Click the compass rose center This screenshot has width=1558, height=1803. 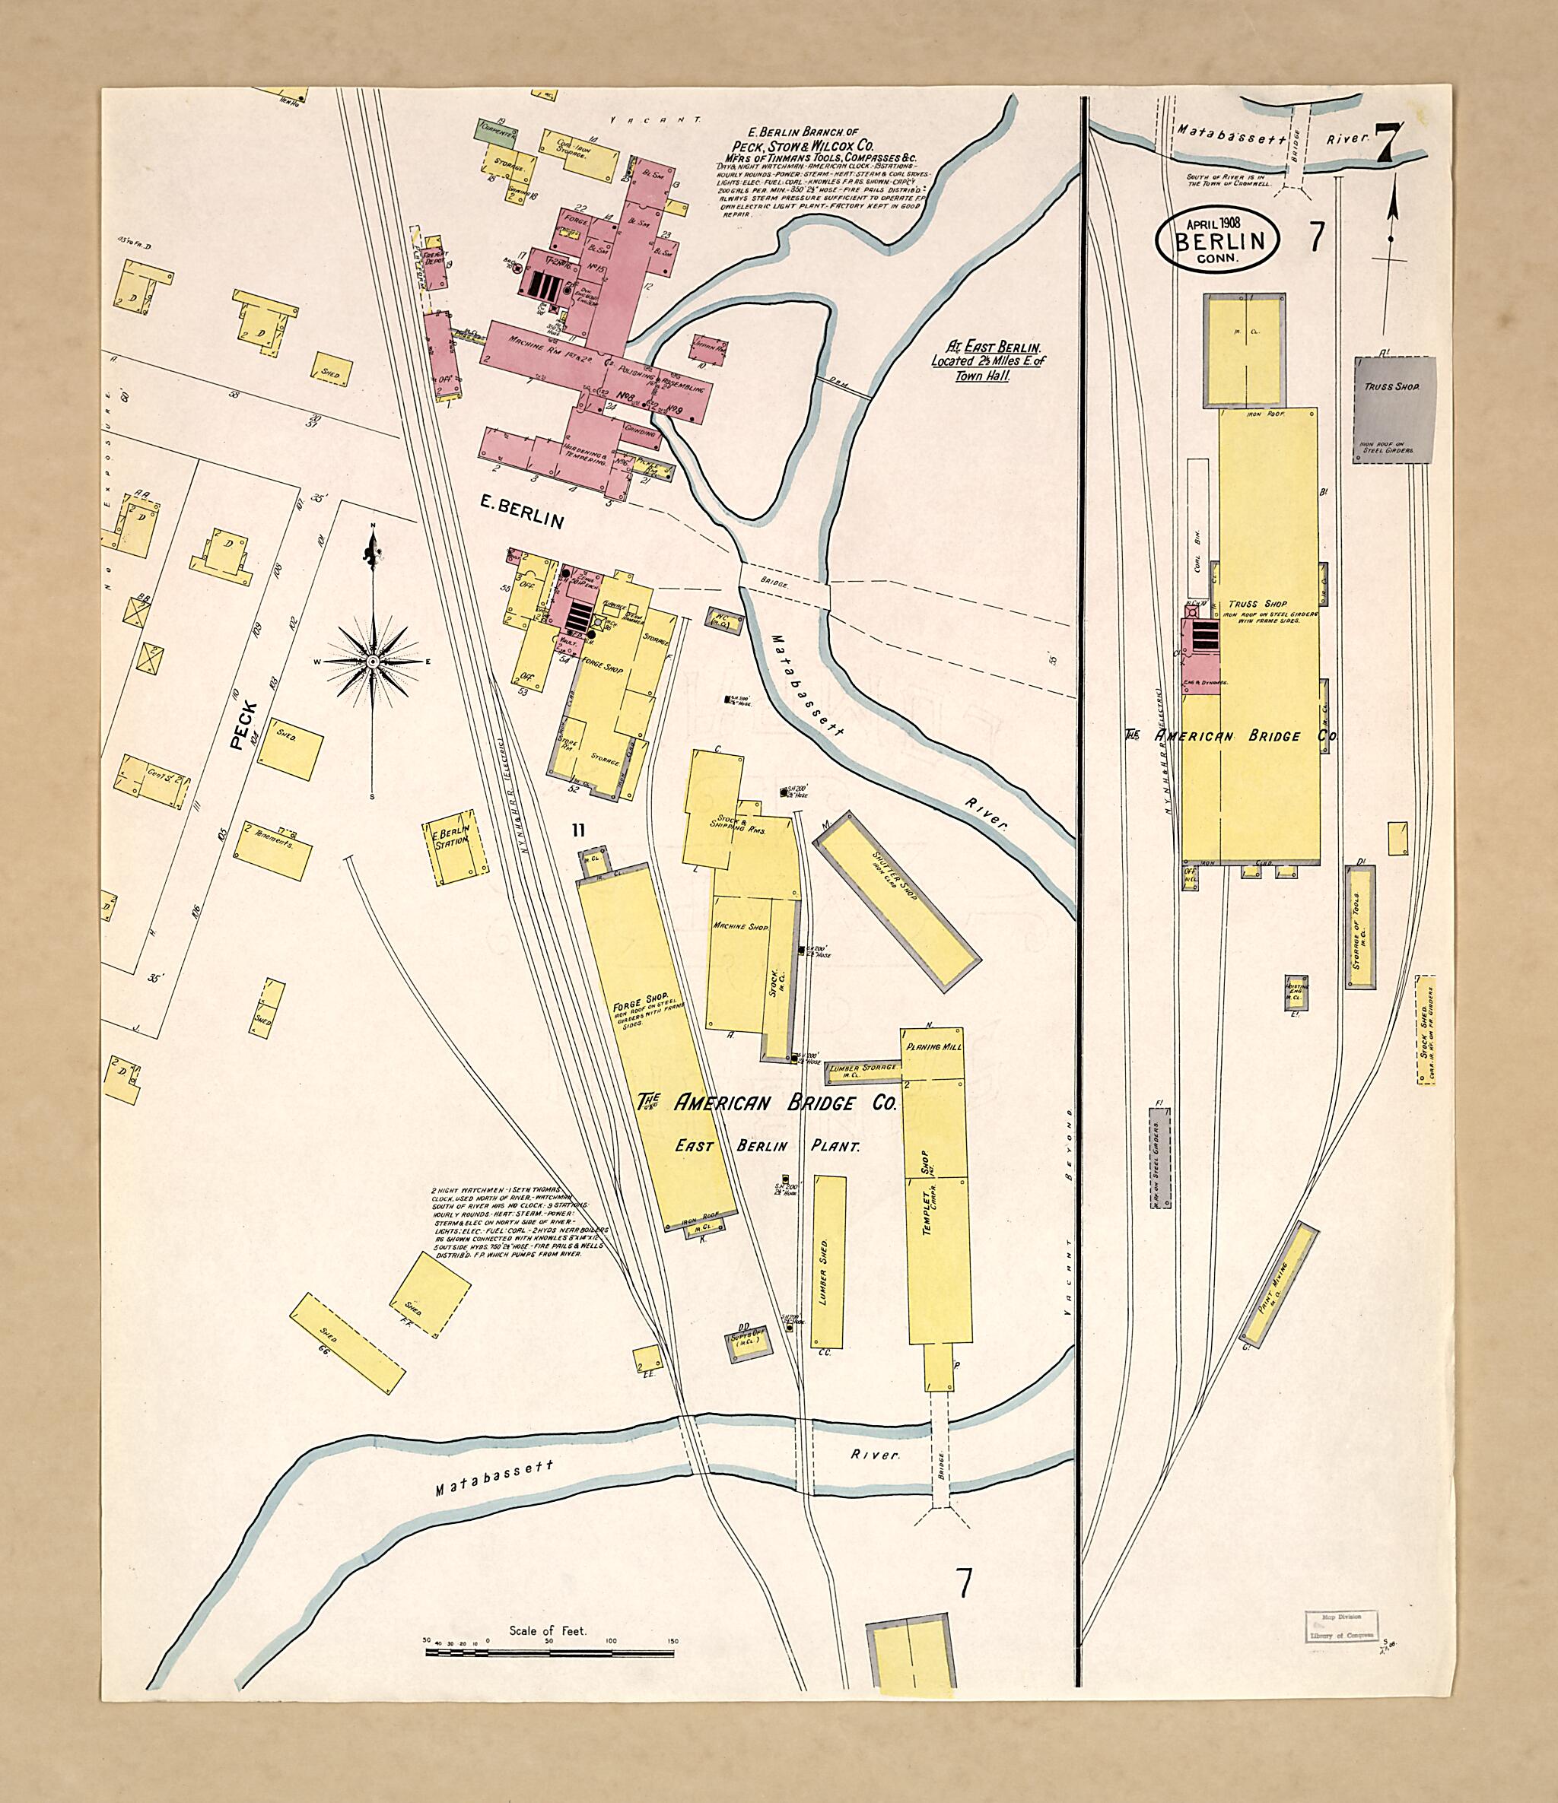374,662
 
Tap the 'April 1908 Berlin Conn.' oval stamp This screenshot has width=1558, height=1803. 1216,237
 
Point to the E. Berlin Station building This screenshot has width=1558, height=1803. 453,849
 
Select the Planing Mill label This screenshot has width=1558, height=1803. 934,1047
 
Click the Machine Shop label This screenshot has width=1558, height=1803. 741,928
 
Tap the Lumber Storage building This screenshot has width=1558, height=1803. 864,1068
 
